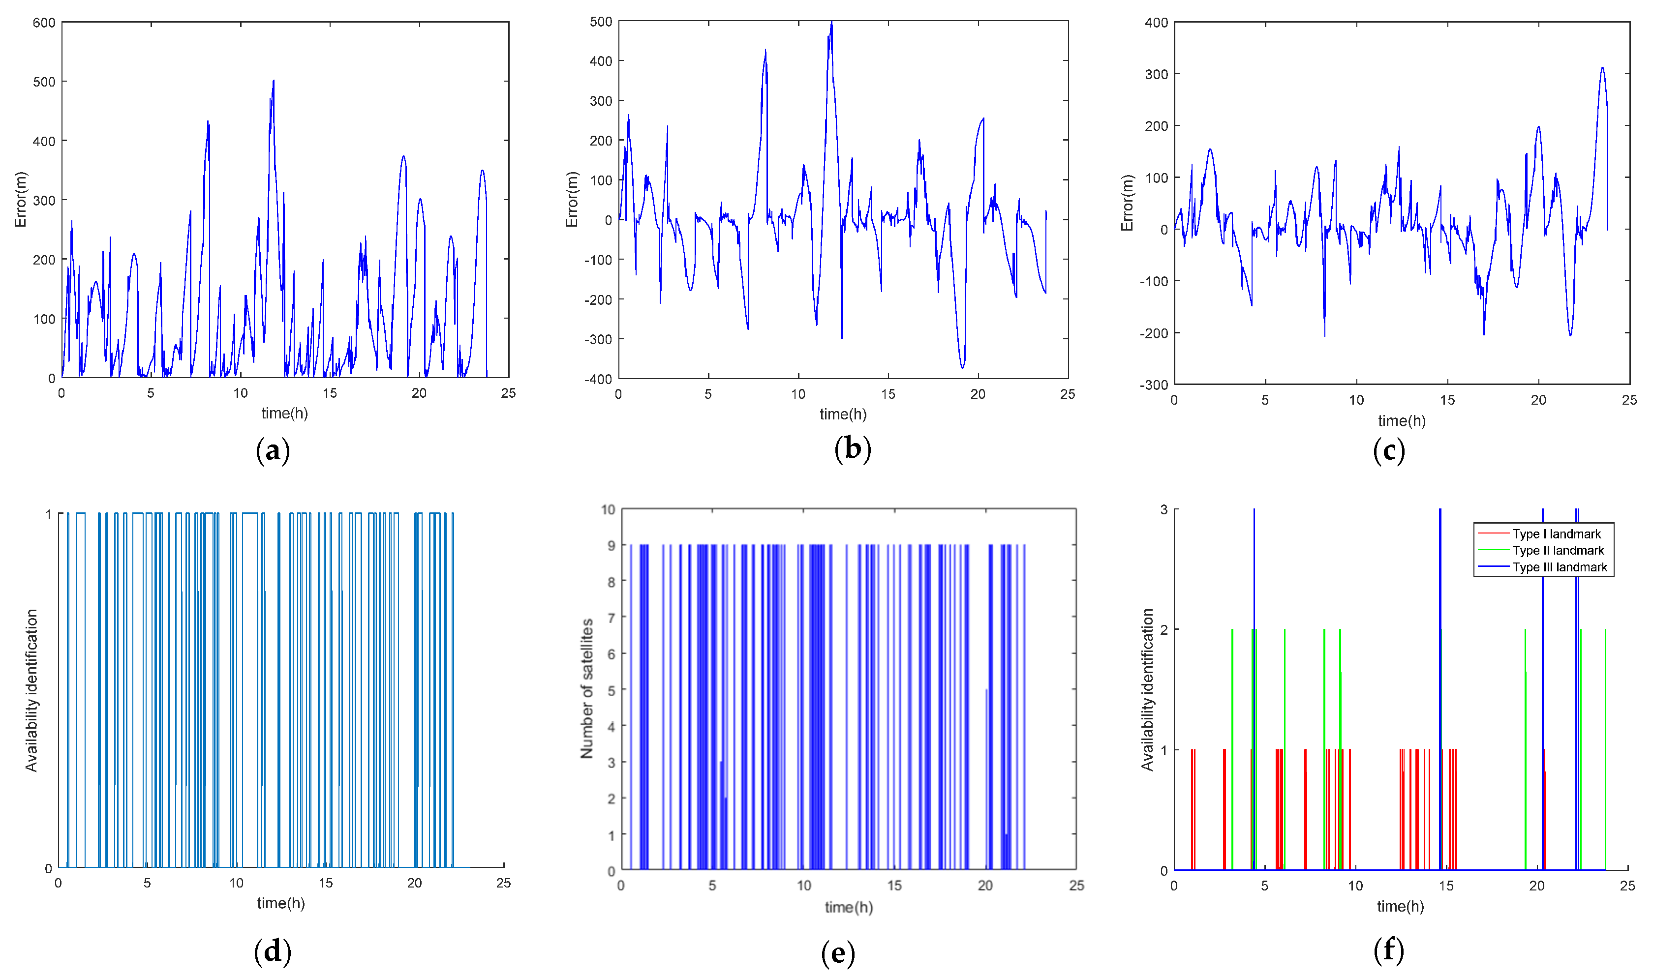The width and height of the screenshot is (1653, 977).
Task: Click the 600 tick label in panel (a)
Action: tap(44, 23)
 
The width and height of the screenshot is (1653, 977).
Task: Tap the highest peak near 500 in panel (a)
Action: tap(274, 82)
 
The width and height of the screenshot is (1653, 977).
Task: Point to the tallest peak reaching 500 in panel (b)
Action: tap(831, 24)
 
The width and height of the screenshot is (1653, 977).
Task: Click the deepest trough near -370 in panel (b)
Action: tap(962, 367)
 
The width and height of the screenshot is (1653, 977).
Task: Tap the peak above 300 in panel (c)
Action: tap(1602, 68)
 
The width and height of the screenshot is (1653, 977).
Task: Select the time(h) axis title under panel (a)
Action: tap(284, 414)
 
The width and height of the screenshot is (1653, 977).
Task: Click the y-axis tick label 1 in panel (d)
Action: tap(48, 515)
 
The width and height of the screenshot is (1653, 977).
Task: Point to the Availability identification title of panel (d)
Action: tap(31, 690)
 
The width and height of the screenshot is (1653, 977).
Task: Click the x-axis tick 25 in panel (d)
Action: tap(503, 884)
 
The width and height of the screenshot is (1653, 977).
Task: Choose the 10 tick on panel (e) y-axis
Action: tap(608, 509)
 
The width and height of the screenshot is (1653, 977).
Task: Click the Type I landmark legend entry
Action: tap(1556, 534)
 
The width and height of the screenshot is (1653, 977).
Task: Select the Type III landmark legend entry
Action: tap(1559, 567)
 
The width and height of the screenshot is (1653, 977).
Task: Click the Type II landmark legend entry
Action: tap(1558, 550)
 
